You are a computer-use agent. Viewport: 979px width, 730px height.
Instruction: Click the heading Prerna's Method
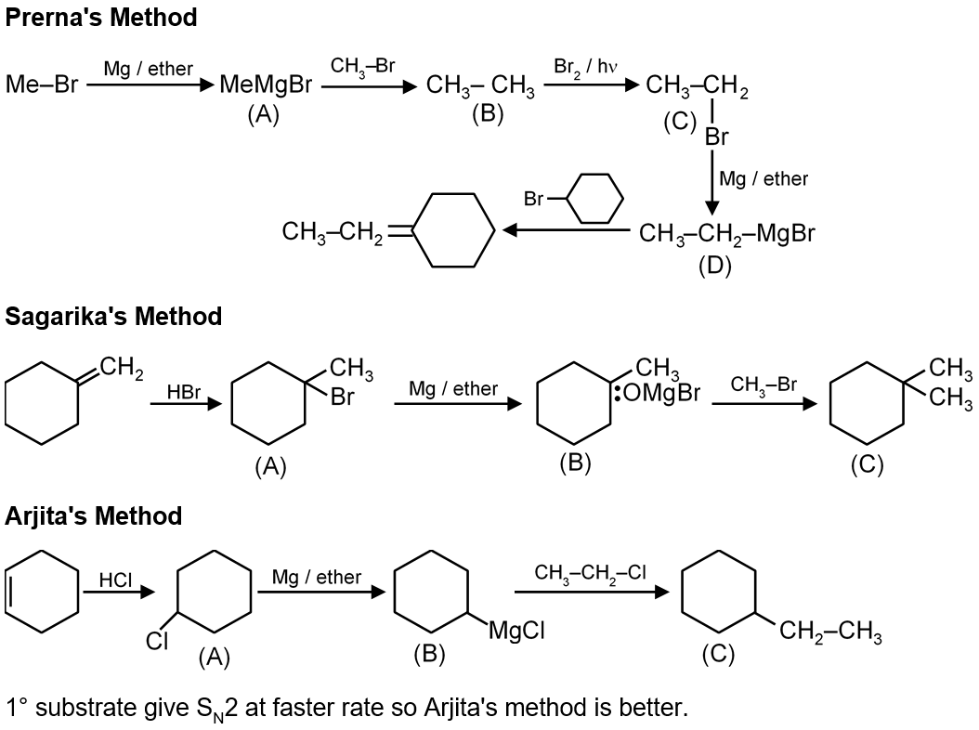101,17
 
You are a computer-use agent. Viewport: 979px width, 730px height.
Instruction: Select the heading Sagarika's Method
113,316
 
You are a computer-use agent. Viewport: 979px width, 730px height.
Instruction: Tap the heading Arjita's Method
94,515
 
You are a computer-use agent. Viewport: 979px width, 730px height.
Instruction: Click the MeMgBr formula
265,86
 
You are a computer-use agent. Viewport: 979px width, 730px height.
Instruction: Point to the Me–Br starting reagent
41,86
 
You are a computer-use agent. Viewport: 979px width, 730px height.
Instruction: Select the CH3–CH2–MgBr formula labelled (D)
726,232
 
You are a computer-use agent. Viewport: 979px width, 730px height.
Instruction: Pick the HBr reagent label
183,392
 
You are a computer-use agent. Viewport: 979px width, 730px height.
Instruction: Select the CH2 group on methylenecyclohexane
121,369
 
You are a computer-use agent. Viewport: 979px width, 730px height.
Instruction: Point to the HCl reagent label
115,580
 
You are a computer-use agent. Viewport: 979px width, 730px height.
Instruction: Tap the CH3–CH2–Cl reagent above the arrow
590,572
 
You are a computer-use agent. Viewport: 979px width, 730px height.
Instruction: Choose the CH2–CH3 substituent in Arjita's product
830,633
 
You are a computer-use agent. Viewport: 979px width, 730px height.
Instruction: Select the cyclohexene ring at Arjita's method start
43,589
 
